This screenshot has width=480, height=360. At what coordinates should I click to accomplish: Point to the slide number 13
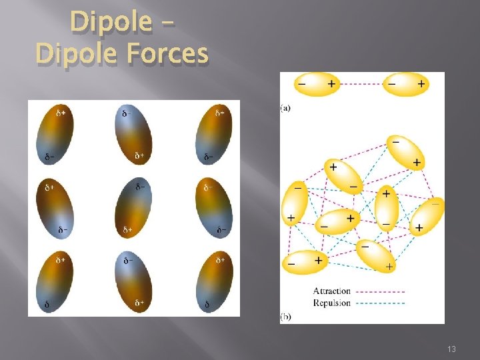(x=451, y=349)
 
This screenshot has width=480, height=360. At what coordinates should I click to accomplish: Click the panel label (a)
(x=285, y=107)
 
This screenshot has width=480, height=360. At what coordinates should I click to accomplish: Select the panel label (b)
(x=285, y=317)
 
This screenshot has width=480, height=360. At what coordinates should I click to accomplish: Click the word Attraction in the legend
(x=331, y=291)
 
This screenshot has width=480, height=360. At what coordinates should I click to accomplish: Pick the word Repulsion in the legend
(x=331, y=303)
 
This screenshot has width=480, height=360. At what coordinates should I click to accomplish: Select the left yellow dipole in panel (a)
(x=317, y=85)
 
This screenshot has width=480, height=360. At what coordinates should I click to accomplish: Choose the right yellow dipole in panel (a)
(x=406, y=85)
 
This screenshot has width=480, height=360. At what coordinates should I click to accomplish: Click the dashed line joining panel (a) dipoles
(x=361, y=85)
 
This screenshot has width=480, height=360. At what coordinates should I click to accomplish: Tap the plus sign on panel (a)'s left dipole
(x=331, y=85)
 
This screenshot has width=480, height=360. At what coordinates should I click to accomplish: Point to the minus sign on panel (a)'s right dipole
(x=391, y=85)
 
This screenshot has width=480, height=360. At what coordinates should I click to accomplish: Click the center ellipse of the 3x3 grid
(x=134, y=207)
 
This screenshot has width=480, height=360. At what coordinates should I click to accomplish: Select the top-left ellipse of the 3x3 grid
(x=56, y=135)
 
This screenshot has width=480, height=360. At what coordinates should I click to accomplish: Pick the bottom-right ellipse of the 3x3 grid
(x=213, y=281)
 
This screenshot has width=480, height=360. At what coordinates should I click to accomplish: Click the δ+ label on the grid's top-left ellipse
(x=61, y=113)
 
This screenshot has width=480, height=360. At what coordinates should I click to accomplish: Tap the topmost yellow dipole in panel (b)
(x=406, y=153)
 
